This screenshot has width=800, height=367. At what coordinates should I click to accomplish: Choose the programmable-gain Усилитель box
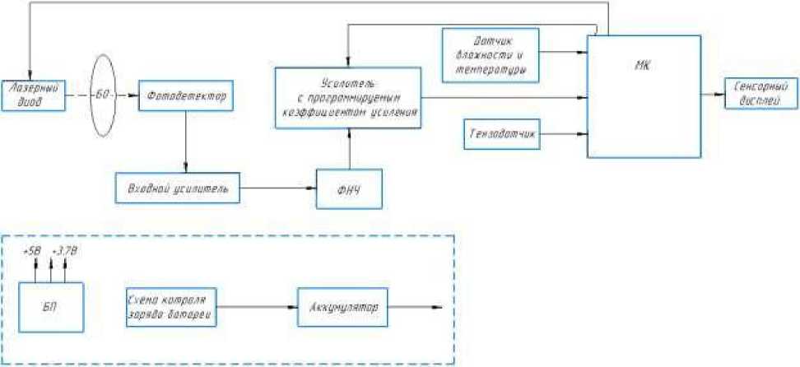347,98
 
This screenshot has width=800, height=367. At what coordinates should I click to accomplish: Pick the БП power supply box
51,306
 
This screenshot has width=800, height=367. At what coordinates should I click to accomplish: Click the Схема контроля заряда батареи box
172,306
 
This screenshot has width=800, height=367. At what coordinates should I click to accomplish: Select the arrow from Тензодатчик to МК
564,133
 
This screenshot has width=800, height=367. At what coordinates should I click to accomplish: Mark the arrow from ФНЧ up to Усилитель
350,149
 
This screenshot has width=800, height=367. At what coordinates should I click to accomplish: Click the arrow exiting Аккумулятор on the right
416,307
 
